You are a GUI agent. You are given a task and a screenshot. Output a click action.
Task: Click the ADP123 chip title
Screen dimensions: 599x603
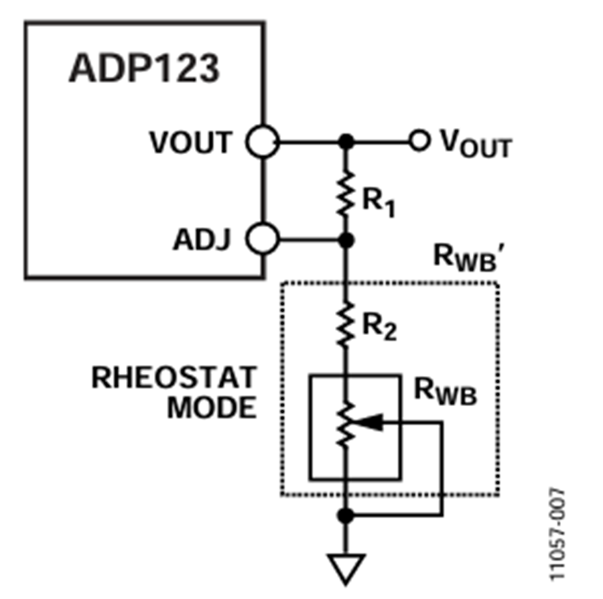tap(143, 69)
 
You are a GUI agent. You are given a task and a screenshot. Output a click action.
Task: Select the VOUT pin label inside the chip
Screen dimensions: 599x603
tap(190, 143)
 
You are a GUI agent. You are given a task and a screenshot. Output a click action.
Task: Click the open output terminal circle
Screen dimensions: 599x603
tap(419, 141)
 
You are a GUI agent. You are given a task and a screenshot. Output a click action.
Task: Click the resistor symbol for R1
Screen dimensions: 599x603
tap(346, 192)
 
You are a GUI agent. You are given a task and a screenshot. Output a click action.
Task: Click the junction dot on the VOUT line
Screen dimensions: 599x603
tap(346, 142)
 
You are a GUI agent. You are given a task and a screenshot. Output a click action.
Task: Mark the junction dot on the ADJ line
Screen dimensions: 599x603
tap(346, 239)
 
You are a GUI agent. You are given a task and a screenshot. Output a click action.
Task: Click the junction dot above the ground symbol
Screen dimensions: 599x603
tap(346, 515)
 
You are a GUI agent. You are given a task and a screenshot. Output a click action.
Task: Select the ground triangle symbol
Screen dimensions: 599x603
tap(346, 567)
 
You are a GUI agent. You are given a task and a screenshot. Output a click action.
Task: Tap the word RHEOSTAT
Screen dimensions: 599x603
tap(174, 379)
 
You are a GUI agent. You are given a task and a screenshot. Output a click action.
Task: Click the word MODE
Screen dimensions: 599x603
tap(212, 407)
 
